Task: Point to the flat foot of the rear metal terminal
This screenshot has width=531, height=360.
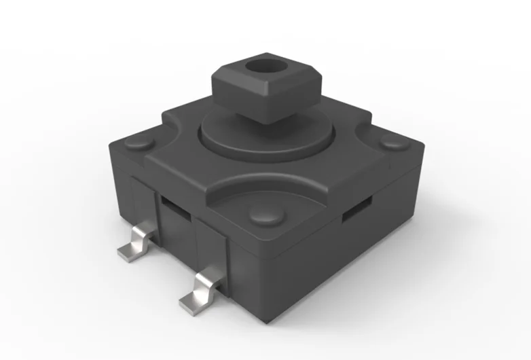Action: pos(128,253)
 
